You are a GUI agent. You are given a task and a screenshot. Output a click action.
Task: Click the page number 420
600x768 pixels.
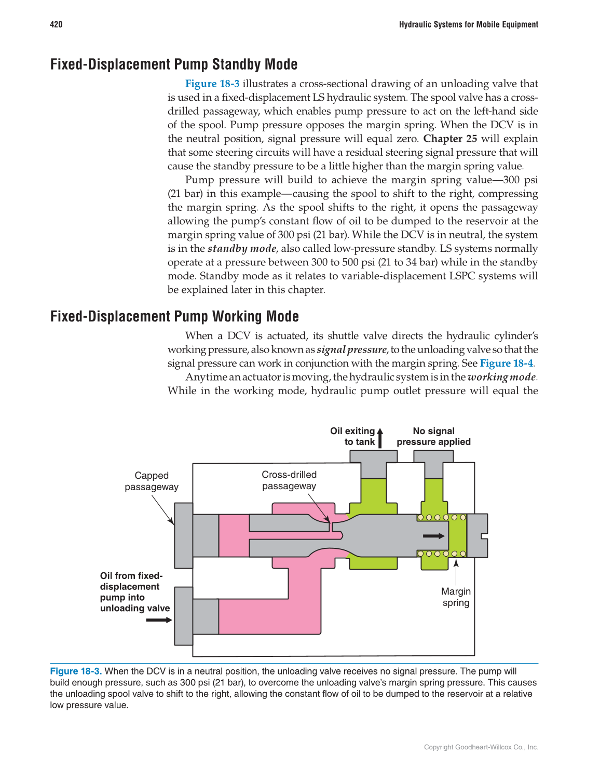pyautogui.click(x=56, y=24)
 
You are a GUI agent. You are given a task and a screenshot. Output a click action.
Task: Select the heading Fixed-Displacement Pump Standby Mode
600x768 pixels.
pyautogui.click(x=174, y=64)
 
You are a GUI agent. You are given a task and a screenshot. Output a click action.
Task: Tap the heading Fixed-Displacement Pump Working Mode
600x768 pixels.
pyautogui.click(x=174, y=316)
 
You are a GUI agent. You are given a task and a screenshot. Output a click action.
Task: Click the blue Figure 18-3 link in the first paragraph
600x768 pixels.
pyautogui.click(x=212, y=84)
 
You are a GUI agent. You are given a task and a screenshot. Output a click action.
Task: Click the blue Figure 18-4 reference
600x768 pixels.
pyautogui.click(x=506, y=363)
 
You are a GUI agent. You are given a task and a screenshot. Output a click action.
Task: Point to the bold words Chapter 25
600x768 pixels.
pyautogui.click(x=450, y=139)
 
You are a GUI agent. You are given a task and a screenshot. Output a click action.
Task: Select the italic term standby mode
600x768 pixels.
pyautogui.click(x=242, y=249)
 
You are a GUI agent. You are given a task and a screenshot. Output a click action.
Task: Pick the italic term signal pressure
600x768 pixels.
pyautogui.click(x=351, y=349)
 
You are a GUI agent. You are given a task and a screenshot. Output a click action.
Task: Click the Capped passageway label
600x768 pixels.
pyautogui.click(x=152, y=481)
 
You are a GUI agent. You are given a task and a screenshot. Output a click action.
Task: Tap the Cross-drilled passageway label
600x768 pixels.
pyautogui.click(x=289, y=480)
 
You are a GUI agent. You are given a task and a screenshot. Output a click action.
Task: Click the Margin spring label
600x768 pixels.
pyautogui.click(x=456, y=597)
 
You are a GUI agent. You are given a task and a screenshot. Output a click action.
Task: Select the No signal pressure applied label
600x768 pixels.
pyautogui.click(x=433, y=436)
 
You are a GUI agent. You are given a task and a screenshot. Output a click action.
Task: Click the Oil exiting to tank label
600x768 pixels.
pyautogui.click(x=353, y=436)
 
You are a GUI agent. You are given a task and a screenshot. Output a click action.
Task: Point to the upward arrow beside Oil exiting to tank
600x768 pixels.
pyautogui.click(x=380, y=437)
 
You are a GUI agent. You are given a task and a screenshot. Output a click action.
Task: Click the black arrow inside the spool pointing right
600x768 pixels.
pyautogui.click(x=434, y=536)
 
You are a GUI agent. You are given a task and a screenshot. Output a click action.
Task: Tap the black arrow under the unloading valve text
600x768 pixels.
pyautogui.click(x=159, y=620)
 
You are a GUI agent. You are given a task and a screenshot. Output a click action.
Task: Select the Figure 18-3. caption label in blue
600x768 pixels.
pyautogui.click(x=76, y=671)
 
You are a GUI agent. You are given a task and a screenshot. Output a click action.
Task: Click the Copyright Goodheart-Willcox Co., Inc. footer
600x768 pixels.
pyautogui.click(x=481, y=747)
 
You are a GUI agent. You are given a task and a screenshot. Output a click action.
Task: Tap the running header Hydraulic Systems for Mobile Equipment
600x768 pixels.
pyautogui.click(x=468, y=24)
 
